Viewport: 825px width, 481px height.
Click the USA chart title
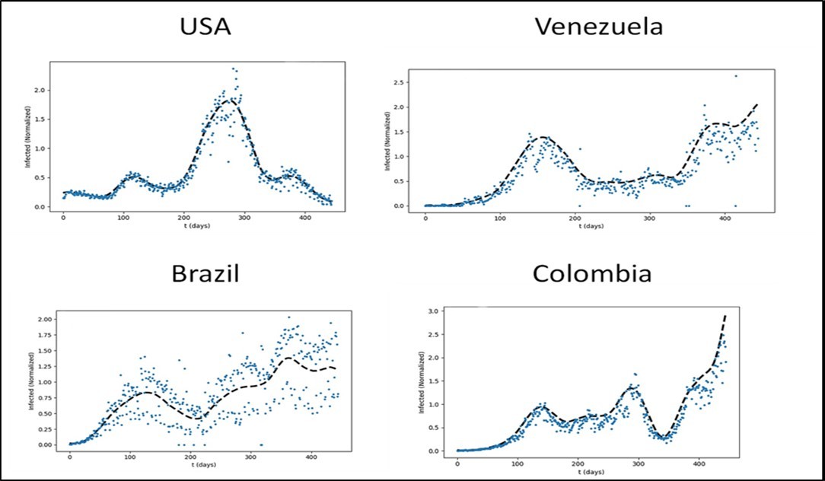[205, 27]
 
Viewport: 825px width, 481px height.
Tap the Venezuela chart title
[598, 27]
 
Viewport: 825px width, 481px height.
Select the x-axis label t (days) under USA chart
[198, 228]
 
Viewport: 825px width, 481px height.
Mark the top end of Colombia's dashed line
[725, 315]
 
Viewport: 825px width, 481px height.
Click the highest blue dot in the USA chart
[234, 68]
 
